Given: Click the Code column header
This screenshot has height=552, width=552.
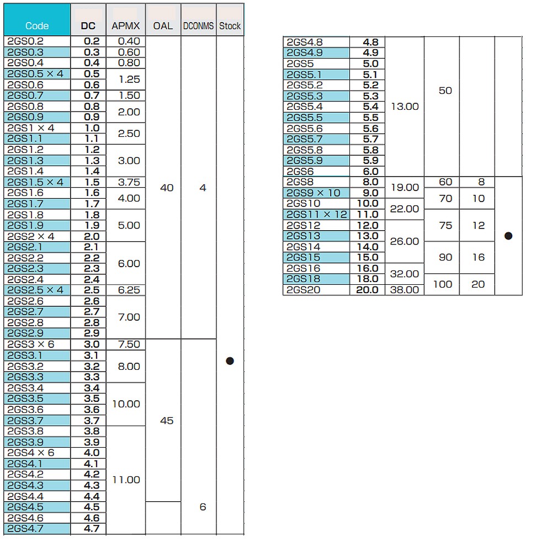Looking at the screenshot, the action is coord(37,26).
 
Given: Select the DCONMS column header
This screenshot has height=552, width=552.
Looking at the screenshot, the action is coord(199,26).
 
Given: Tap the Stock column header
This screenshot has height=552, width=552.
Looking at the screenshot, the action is coord(230,26).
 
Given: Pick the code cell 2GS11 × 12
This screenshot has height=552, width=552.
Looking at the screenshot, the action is coord(317,214).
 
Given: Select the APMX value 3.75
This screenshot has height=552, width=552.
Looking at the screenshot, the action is coord(129,182).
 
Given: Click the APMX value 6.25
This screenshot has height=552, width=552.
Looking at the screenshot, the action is coord(129,290).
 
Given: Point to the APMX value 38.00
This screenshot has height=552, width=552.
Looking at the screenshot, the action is coord(405,290).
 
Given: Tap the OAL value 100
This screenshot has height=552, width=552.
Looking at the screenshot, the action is coord(443,284).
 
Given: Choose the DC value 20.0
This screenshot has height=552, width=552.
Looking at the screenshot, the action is coord(367,290).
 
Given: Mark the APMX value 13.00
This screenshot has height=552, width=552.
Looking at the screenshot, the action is coord(405,107).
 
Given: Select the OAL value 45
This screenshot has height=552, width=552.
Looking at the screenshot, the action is coord(167,420).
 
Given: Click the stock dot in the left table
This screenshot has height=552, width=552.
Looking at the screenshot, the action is coord(230,361).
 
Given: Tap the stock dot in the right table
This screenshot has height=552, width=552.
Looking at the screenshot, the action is coord(508,236).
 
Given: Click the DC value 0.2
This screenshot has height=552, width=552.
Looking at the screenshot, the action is coord(92,41).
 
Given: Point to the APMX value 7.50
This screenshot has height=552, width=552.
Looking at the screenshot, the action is coord(129,344).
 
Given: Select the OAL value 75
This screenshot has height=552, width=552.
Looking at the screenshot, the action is coord(445,225).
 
